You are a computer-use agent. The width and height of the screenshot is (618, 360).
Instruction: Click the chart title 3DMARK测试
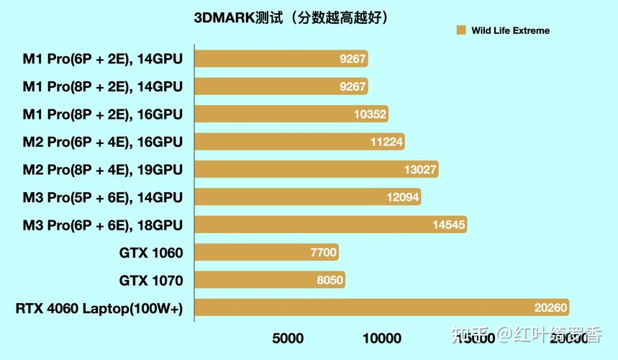pos(291,17)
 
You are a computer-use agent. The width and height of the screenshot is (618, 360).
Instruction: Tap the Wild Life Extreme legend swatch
pos(461,30)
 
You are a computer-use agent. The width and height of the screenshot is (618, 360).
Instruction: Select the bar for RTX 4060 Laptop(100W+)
pos(381,307)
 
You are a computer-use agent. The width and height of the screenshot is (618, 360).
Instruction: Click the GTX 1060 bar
pos(266,252)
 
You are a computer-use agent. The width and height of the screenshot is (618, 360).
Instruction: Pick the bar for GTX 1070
pos(270,280)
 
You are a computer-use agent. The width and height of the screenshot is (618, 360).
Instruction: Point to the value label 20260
pos(551,308)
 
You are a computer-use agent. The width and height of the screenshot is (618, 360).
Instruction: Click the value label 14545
pos(450,225)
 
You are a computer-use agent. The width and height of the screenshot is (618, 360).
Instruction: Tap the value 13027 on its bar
pos(421,169)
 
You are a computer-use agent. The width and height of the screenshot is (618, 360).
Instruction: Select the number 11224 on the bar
pos(387,142)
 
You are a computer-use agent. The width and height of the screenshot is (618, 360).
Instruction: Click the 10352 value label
pos(371,114)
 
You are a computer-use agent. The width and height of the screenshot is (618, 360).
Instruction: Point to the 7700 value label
pos(324,253)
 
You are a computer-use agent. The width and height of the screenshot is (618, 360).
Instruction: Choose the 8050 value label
pos(330,280)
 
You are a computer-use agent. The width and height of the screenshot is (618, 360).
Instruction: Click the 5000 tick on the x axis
pos(288,338)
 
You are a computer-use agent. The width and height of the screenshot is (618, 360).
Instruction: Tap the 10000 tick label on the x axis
pos(381,338)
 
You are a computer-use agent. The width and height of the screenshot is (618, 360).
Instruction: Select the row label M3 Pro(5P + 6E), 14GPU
pos(103,197)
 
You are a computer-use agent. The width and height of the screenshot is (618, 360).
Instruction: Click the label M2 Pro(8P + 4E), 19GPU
pos(103,170)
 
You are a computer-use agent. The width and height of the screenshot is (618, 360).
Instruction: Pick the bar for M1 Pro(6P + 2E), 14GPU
pos(281,59)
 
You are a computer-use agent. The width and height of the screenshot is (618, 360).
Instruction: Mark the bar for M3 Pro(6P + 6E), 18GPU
pos(330,225)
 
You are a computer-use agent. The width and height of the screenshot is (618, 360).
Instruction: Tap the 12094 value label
pos(403,197)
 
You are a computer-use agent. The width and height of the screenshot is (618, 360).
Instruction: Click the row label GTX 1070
pos(151,281)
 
